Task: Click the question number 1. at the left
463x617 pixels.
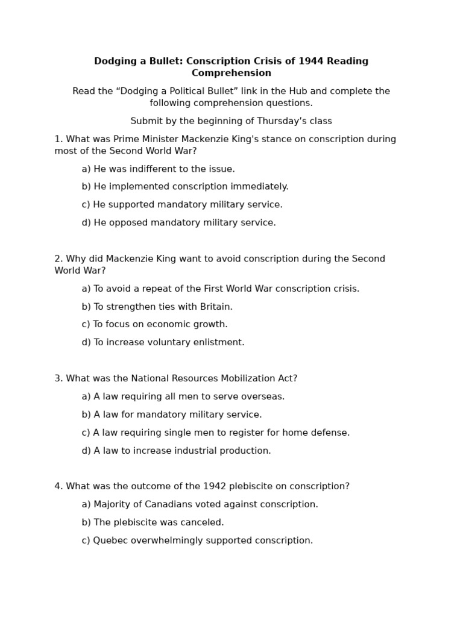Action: click(58, 139)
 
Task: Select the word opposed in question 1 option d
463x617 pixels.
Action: click(128, 223)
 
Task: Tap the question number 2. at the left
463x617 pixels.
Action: click(58, 259)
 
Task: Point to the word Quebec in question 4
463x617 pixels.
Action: click(110, 540)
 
